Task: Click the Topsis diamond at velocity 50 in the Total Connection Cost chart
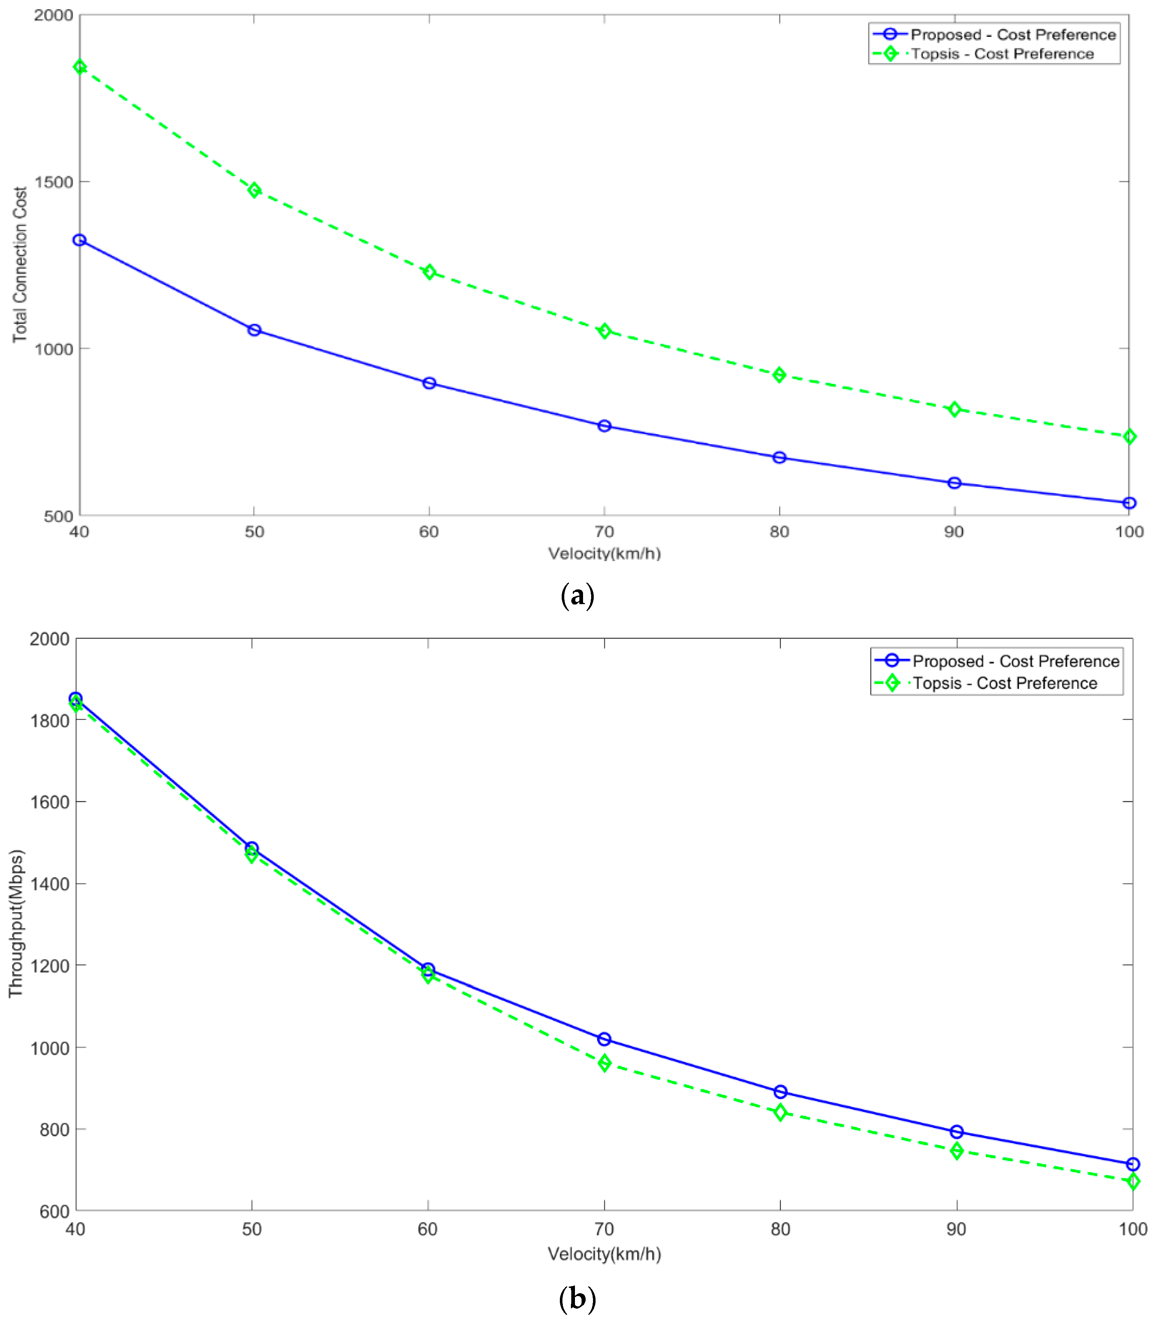tap(254, 190)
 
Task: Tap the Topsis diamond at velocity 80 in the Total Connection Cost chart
tap(779, 375)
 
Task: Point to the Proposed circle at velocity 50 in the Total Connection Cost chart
tap(254, 330)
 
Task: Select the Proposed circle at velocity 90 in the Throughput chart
tap(956, 1132)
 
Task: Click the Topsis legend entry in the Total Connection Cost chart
tap(1002, 54)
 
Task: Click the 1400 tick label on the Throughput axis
tap(49, 884)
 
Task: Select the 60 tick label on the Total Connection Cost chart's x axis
tap(429, 532)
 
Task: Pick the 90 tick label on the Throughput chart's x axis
tap(956, 1229)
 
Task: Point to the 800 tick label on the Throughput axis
tap(54, 1129)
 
